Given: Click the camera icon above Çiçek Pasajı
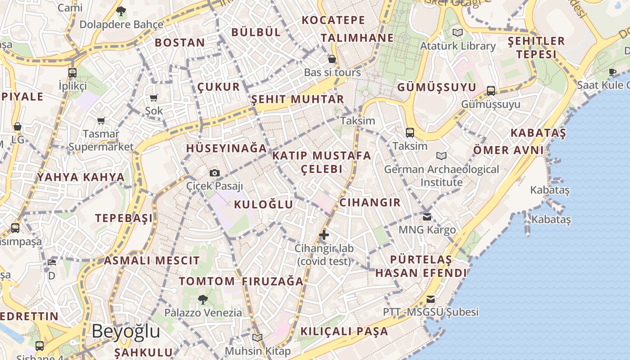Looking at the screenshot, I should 215,173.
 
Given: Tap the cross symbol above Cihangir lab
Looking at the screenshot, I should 324,234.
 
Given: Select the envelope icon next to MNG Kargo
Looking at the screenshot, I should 427,217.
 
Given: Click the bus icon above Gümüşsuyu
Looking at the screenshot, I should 491,91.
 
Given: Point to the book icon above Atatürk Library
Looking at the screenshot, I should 458,33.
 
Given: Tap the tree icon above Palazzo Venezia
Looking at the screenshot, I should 203,299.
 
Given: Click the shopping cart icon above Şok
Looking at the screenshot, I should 153,98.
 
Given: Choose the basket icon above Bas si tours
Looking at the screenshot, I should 332,59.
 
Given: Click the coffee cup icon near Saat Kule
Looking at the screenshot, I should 612,72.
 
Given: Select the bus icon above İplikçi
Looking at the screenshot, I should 72,72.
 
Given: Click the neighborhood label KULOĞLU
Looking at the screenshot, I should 264,204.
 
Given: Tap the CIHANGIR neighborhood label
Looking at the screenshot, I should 370,202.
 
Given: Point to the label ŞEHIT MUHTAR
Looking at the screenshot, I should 297,99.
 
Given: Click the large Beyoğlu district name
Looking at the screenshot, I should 126,331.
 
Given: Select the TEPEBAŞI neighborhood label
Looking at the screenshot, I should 124,218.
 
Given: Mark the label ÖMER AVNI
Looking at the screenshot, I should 508,150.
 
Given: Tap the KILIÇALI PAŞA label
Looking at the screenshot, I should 344,331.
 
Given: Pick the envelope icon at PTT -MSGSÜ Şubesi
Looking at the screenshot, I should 431,299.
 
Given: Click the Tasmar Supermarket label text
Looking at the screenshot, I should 101,140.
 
